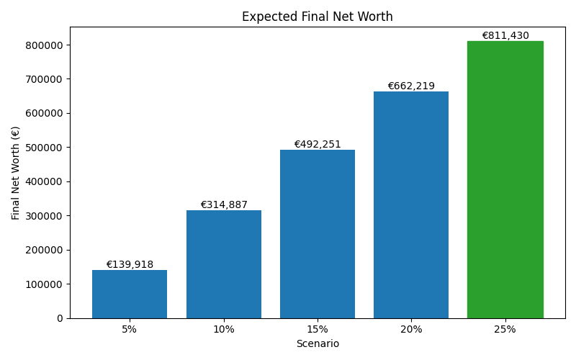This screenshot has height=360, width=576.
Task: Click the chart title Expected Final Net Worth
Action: [317, 17]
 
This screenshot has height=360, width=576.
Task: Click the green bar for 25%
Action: [505, 179]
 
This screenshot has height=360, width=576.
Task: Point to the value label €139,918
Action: [130, 264]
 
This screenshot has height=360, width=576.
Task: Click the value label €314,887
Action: [223, 204]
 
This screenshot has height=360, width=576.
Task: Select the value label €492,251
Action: [318, 144]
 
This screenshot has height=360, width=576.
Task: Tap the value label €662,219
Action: [411, 86]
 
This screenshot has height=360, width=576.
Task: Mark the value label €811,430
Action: [505, 35]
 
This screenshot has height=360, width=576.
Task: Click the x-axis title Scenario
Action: [318, 343]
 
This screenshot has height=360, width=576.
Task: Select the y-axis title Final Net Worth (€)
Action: [16, 173]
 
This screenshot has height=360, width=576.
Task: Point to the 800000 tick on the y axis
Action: [44, 45]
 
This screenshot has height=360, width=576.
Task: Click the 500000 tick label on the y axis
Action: [44, 148]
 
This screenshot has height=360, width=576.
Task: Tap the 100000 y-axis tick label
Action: [44, 284]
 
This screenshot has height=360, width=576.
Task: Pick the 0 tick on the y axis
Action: [59, 318]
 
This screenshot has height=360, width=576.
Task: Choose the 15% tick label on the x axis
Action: [318, 329]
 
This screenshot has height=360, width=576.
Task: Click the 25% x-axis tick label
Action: [505, 329]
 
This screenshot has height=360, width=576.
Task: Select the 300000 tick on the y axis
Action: [44, 216]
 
